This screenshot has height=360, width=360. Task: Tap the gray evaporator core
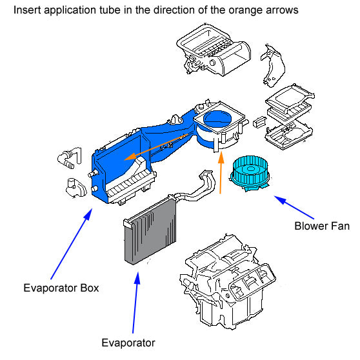(151, 232)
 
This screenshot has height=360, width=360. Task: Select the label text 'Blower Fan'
(322, 226)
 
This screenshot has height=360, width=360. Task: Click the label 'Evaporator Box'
(61, 288)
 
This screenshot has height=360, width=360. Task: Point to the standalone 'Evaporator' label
(128, 343)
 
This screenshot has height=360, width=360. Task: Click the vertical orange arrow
(221, 173)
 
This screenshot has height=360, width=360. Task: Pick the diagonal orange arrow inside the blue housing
(156, 147)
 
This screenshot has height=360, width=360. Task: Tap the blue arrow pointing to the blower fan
(294, 207)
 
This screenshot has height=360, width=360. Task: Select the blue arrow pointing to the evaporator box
(72, 244)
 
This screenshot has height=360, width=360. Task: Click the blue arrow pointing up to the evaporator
(135, 303)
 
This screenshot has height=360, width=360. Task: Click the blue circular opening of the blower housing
(217, 118)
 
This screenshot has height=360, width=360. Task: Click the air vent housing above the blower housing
(214, 50)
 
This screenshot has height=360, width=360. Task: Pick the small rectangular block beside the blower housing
(259, 122)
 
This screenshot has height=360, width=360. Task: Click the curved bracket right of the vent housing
(273, 66)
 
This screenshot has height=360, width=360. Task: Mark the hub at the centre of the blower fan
(251, 169)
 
